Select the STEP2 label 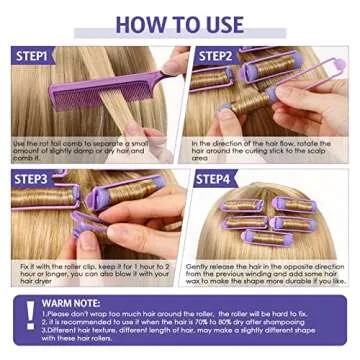[215, 57]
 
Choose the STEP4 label [215, 179]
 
